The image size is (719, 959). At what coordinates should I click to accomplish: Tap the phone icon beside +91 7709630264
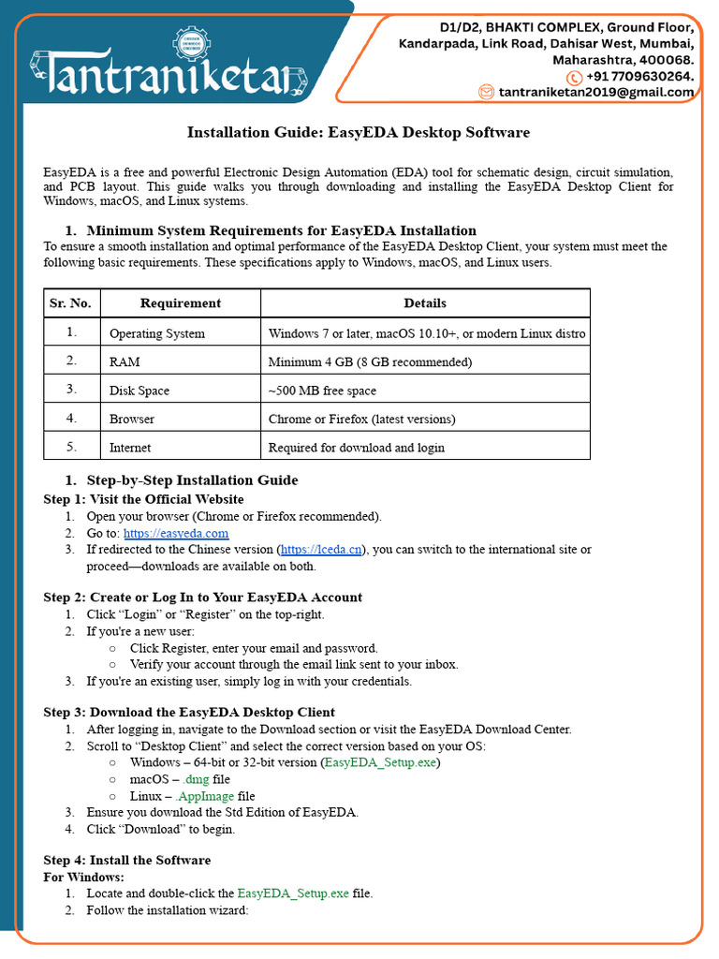pos(575,77)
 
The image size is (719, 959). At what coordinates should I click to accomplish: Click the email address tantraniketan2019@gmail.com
pos(596,92)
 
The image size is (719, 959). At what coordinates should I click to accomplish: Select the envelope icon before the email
pos(486,92)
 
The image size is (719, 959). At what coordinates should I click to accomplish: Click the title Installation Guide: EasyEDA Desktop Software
pos(359,132)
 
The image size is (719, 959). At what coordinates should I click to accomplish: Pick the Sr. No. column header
pos(70,303)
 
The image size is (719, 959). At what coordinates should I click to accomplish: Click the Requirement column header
pos(180,303)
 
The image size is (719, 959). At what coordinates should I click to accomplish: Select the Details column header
pos(425,303)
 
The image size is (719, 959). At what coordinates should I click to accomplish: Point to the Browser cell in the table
pos(132,419)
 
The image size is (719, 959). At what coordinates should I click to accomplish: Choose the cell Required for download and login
pos(357,448)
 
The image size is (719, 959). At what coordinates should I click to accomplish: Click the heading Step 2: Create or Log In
pos(203,598)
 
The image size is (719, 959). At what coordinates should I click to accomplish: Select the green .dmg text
pos(195,779)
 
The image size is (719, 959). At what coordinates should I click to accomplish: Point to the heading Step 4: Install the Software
pos(127,860)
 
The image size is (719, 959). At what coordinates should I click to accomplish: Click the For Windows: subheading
pos(84,877)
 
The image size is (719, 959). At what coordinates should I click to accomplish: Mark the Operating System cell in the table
pos(157,333)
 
